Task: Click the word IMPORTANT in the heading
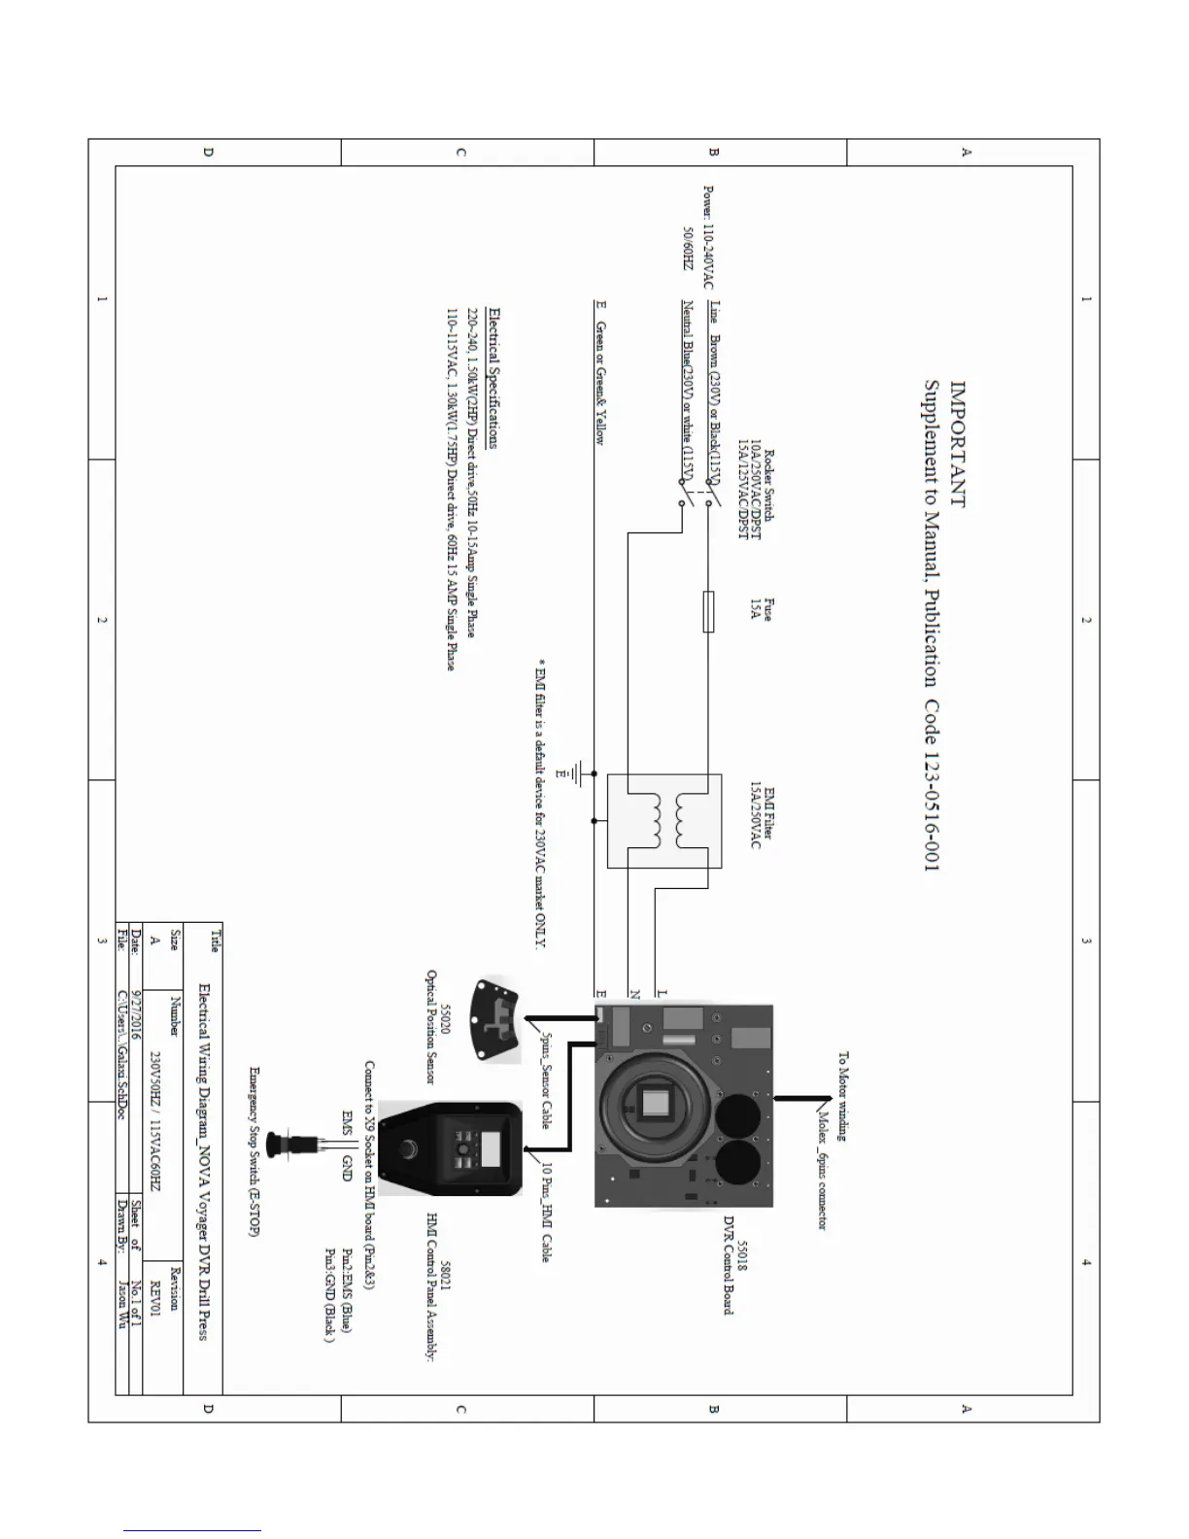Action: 958,443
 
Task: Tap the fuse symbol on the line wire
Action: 708,611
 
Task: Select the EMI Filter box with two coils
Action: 664,821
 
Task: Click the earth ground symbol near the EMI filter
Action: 579,774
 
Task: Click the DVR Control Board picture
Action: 684,1107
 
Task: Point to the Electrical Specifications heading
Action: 494,378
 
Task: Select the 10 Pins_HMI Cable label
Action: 547,1211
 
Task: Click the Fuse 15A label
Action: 762,608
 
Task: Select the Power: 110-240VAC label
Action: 708,238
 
